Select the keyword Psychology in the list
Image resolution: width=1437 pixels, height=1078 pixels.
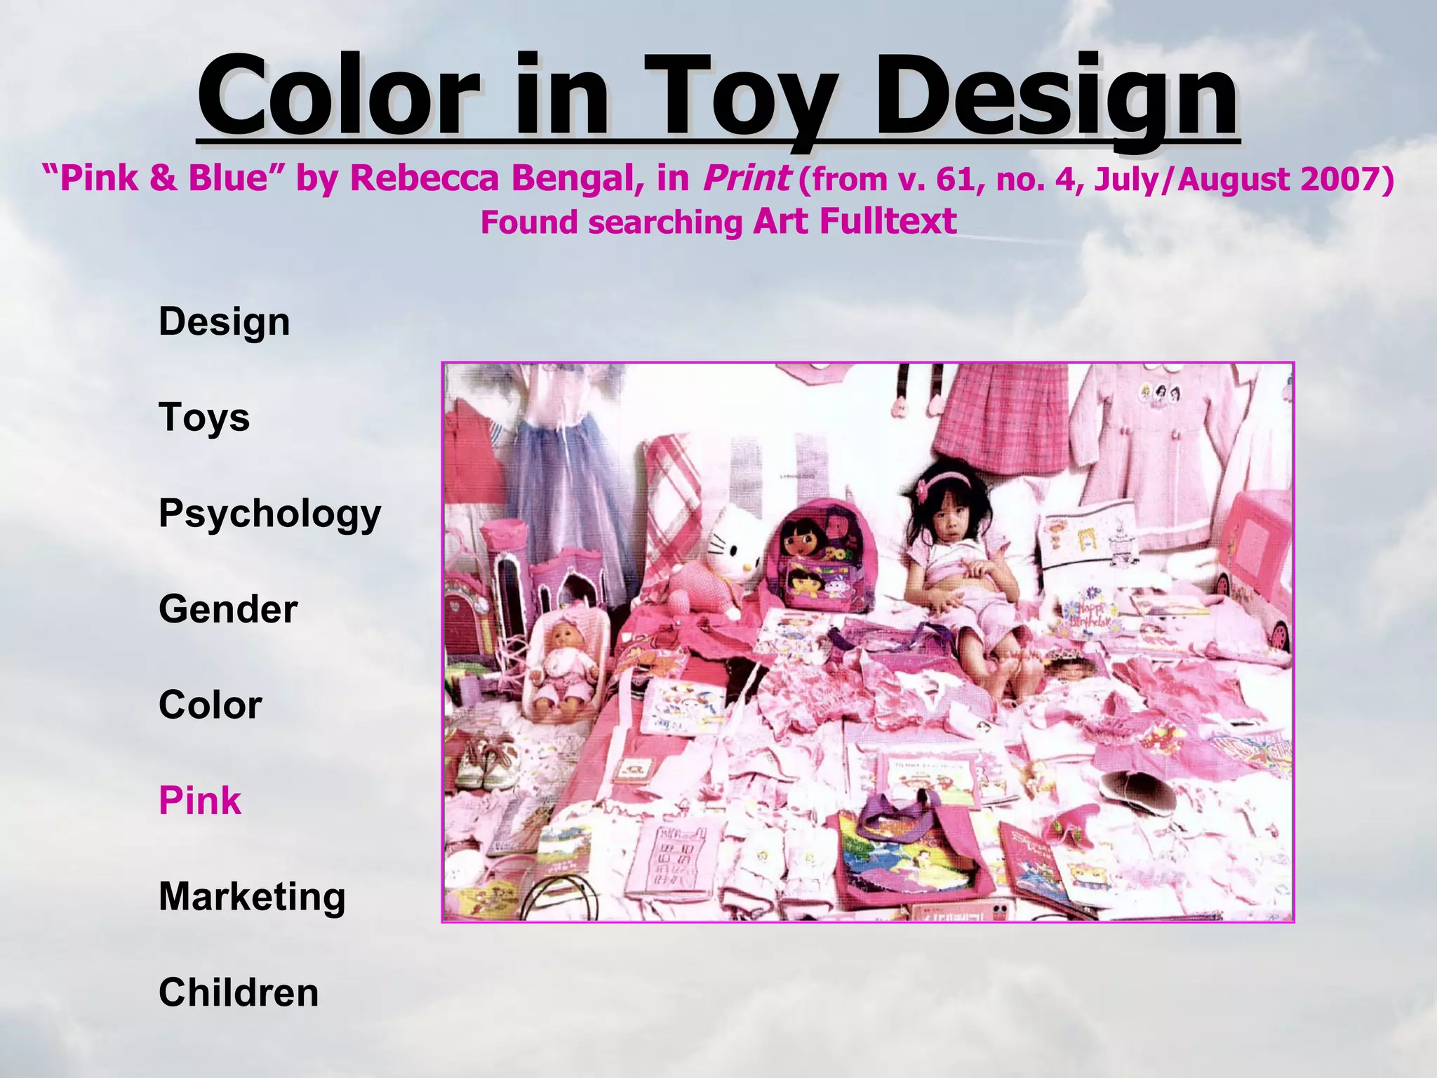[269, 513]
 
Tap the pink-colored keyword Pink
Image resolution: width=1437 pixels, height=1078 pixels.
[200, 801]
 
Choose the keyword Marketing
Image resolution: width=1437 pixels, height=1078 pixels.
[252, 897]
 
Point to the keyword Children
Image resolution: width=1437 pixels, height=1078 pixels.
[239, 992]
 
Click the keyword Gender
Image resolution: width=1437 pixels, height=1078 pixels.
[228, 608]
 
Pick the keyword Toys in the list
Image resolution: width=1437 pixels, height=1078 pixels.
[204, 417]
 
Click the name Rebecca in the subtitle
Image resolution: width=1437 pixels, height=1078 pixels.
[425, 178]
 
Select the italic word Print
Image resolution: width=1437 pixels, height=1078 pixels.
[746, 178]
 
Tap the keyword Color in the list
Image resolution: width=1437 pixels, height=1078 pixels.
[210, 705]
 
